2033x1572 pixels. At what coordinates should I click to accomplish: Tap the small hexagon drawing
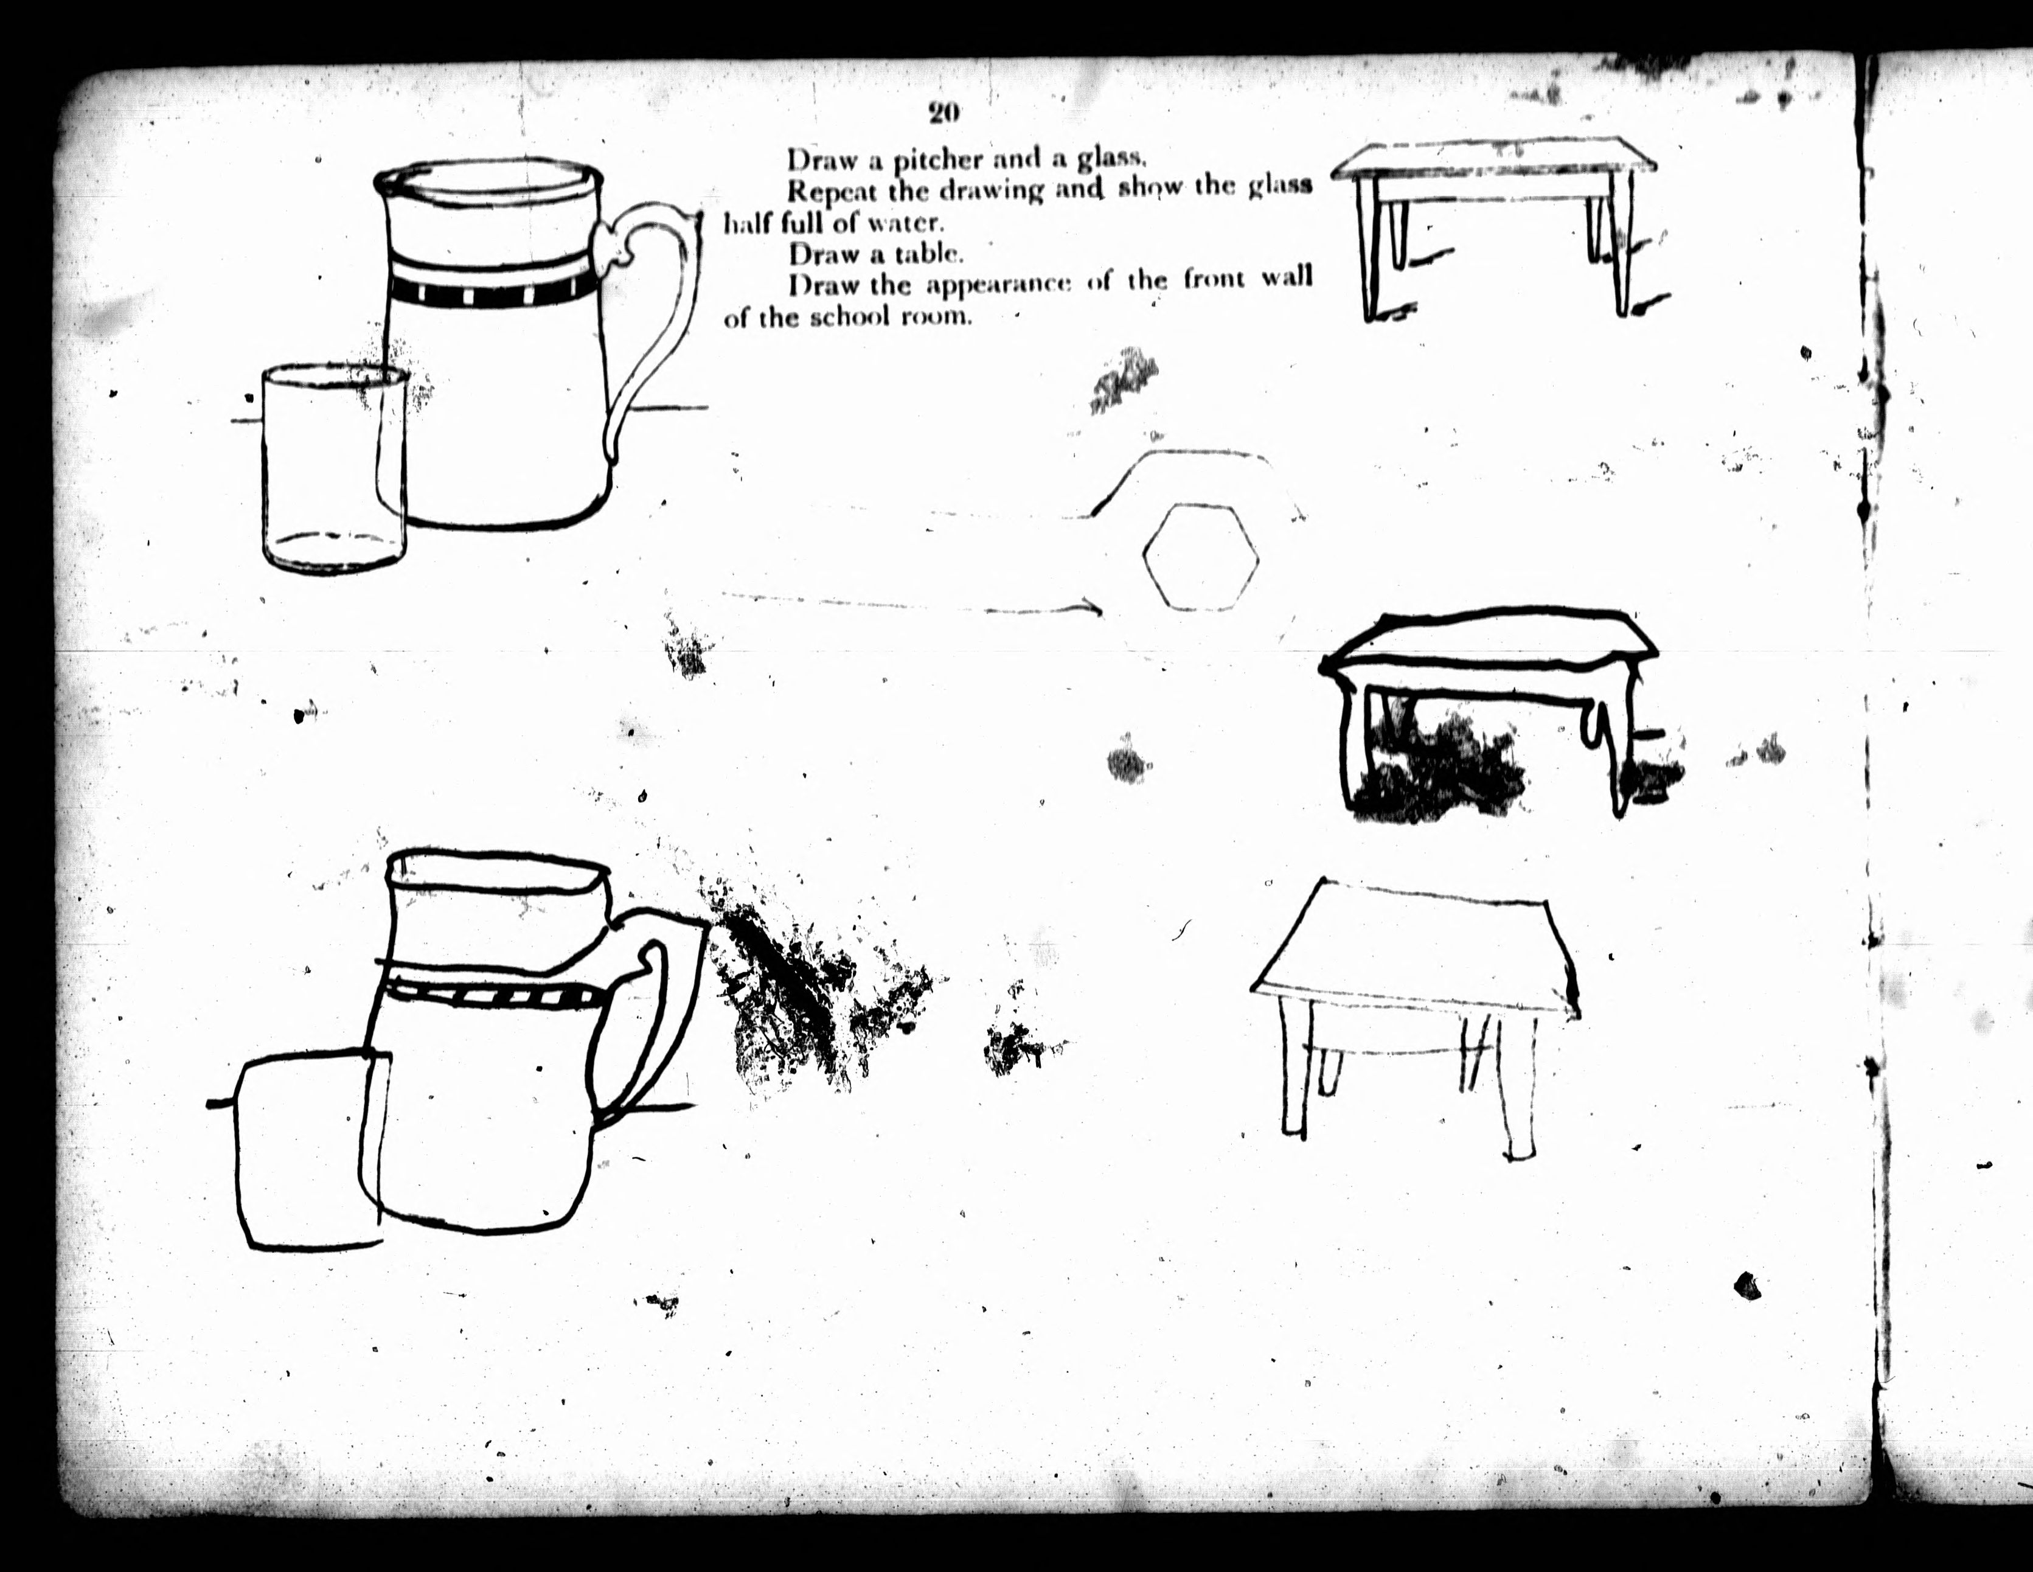click(1201, 557)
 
